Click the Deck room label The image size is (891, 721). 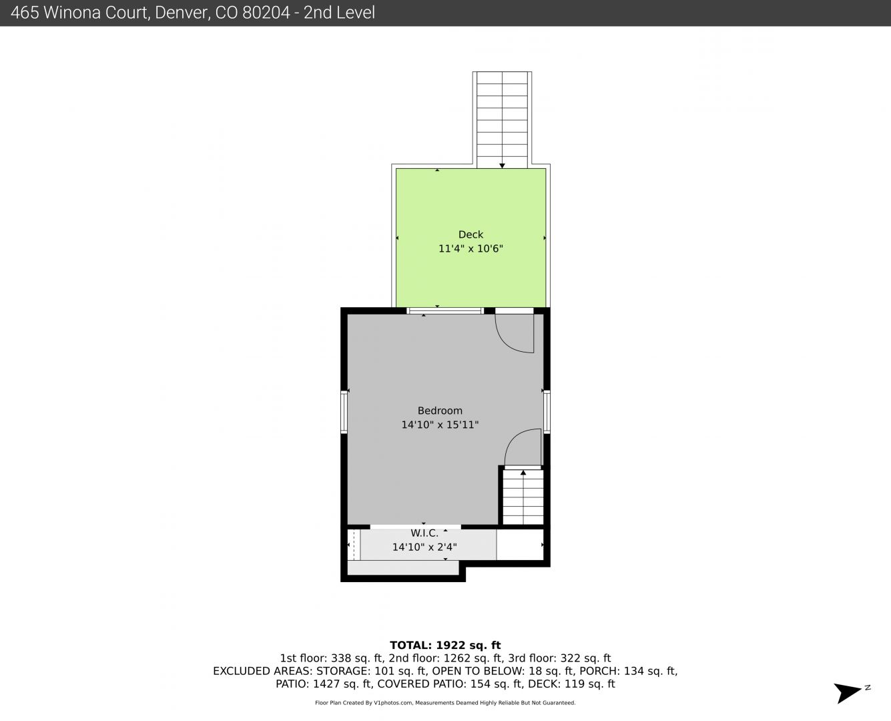click(x=471, y=234)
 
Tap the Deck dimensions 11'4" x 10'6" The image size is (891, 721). click(x=471, y=248)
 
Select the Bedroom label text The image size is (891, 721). click(x=440, y=411)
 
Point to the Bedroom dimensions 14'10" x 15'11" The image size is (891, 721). click(x=440, y=425)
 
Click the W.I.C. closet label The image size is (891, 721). click(x=424, y=533)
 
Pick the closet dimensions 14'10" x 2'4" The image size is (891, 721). click(x=424, y=547)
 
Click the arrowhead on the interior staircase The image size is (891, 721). click(x=523, y=473)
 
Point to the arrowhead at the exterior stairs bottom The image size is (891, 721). click(x=502, y=166)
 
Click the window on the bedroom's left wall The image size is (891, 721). click(x=344, y=412)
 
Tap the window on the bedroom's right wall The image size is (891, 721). click(x=547, y=411)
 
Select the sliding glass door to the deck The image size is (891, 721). click(x=445, y=311)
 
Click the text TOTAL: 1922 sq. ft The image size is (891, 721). click(x=445, y=646)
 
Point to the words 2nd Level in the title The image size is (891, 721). click(x=339, y=13)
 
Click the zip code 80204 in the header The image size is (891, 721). click(x=266, y=13)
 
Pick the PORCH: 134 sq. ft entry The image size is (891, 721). click(x=649, y=671)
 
